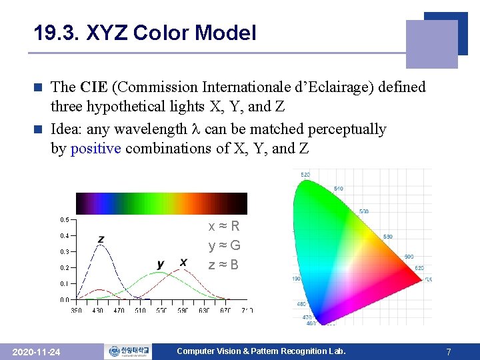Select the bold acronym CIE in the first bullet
(90, 87)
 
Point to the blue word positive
(95, 148)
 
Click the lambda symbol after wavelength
(196, 129)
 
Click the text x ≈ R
(224, 227)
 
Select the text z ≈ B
(224, 265)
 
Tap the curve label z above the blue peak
(101, 239)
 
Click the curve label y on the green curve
(161, 264)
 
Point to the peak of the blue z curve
(101, 245)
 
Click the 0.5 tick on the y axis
(65, 219)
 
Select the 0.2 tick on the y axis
(65, 268)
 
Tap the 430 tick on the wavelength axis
(99, 310)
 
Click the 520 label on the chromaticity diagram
(305, 175)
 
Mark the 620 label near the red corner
(419, 267)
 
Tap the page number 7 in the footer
(449, 351)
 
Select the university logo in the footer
(128, 351)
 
